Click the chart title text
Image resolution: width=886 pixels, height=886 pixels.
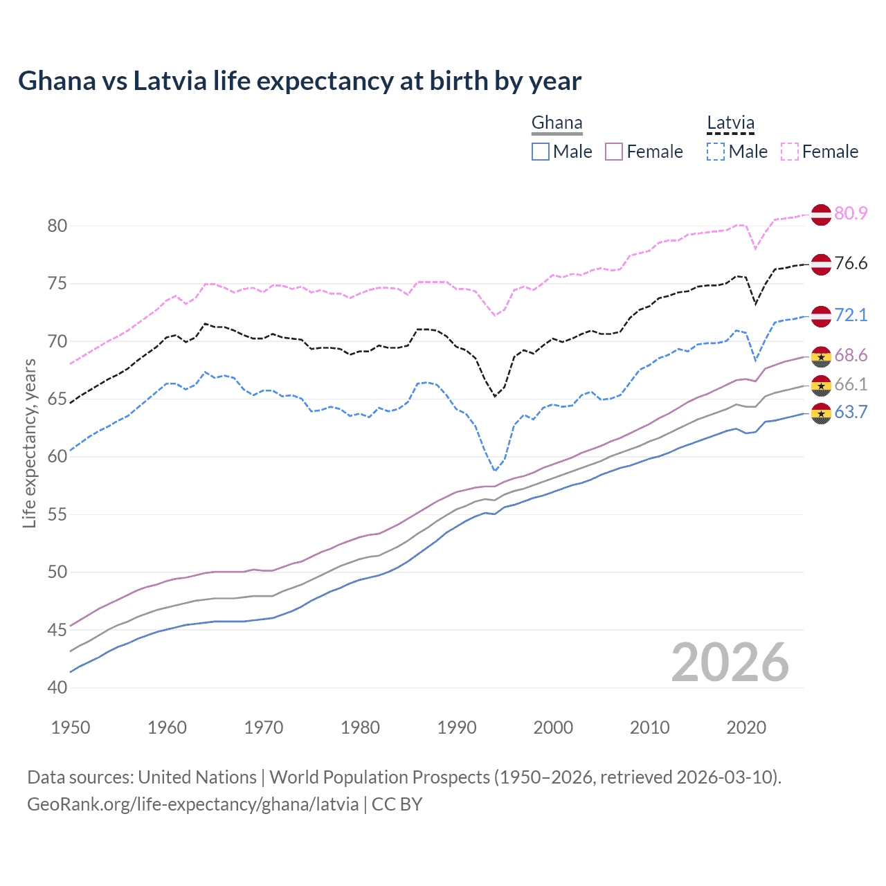[300, 81]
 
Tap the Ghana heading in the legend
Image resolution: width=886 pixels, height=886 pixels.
[557, 123]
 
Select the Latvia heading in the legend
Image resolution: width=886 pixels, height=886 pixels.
[730, 123]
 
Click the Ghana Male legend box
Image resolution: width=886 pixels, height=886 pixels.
[541, 152]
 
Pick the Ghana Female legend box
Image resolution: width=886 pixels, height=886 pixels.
[614, 152]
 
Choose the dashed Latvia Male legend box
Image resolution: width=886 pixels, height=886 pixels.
[716, 152]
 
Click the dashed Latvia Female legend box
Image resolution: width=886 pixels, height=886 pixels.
[790, 152]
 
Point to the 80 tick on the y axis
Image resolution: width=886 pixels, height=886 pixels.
[57, 226]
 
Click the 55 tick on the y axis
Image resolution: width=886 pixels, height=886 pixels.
[57, 514]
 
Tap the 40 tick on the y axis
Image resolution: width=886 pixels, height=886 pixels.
[57, 687]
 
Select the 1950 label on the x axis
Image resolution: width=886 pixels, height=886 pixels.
[71, 727]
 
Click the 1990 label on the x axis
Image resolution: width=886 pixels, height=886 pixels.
[457, 727]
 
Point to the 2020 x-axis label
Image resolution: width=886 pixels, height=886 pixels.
[746, 727]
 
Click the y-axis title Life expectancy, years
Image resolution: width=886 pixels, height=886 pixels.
[29, 443]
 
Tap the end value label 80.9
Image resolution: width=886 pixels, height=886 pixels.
[851, 213]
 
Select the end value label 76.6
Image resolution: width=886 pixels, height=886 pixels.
[851, 263]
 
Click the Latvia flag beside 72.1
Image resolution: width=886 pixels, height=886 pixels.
[821, 316]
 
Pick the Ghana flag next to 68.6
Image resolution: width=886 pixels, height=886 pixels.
[821, 356]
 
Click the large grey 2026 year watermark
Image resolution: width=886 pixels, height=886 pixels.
[730, 662]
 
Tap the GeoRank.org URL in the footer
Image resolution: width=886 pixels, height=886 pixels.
[192, 804]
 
